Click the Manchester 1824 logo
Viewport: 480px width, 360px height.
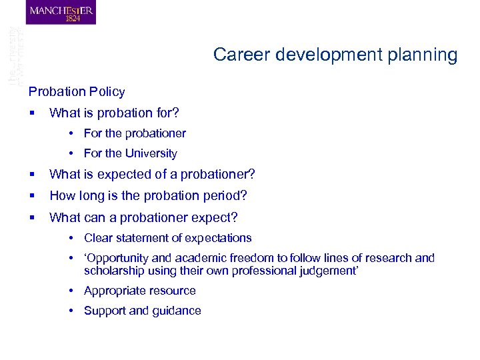61,13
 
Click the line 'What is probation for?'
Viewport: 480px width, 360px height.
114,113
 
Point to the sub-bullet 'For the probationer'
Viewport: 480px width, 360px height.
135,133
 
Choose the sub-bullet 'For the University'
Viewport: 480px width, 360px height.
130,153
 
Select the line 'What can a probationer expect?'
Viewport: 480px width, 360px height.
143,217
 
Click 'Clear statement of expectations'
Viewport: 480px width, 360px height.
167,238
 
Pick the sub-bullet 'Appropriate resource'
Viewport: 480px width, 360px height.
139,291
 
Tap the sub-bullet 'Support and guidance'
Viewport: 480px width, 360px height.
142,311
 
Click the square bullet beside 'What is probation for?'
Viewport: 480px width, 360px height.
32,113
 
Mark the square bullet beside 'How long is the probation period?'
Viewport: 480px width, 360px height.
32,196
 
